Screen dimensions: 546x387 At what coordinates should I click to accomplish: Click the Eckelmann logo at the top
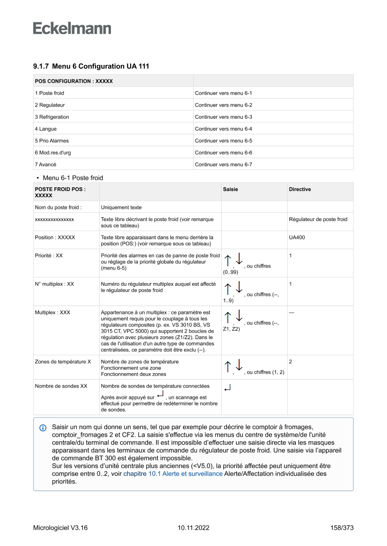[x=72, y=28]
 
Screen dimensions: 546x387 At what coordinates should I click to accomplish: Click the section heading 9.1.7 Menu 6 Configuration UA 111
[x=91, y=67]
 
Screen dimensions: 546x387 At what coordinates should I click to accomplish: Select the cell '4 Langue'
[x=46, y=129]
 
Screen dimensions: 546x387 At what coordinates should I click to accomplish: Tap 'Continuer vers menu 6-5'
[x=223, y=141]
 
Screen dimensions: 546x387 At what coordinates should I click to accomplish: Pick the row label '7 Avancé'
[x=45, y=164]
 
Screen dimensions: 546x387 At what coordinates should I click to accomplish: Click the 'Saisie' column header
[x=230, y=189]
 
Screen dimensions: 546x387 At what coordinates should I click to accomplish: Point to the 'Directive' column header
[x=299, y=189]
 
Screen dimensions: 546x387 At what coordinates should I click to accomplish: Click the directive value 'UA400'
[x=297, y=237]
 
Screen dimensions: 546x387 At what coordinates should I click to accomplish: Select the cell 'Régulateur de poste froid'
[x=318, y=220]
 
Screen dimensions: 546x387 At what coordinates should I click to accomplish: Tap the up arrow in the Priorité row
[x=228, y=261]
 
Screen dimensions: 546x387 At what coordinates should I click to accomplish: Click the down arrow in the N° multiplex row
[x=239, y=288]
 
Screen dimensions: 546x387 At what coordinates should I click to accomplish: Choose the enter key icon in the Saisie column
[x=227, y=387]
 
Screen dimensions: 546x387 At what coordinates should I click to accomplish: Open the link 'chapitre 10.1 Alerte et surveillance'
[x=173, y=474]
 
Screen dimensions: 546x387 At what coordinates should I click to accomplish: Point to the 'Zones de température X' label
[x=63, y=362]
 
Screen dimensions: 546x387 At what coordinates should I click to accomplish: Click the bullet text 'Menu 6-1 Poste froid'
[x=73, y=178]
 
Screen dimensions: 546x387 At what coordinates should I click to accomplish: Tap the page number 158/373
[x=342, y=528]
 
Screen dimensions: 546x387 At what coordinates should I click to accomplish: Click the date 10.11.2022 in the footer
[x=193, y=528]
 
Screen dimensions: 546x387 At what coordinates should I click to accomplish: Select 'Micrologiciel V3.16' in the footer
[x=60, y=528]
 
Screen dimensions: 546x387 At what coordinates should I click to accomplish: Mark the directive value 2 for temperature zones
[x=291, y=362]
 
